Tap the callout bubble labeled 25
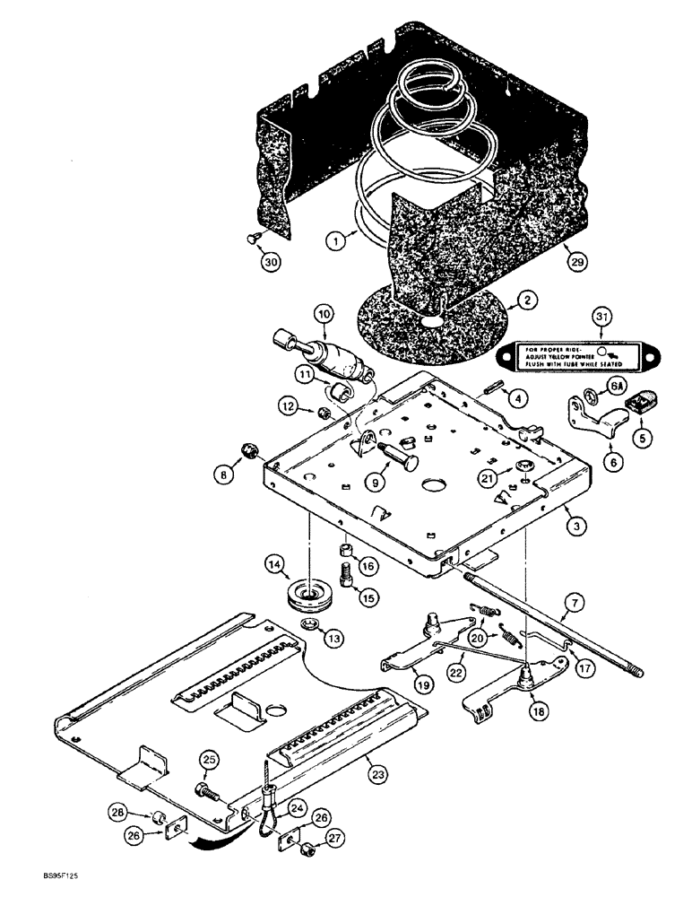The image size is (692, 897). tap(208, 761)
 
